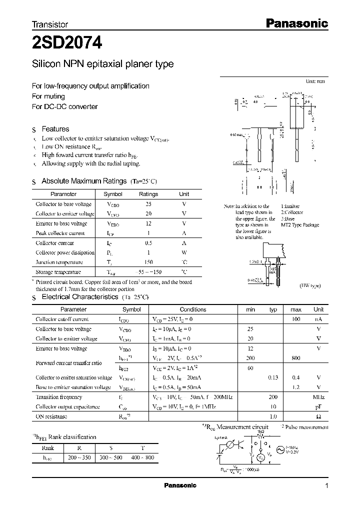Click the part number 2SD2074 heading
[x=67, y=43]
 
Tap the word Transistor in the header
[x=50, y=24]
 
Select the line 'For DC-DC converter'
[x=64, y=106]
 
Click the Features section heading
[x=55, y=129]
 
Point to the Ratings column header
[x=148, y=194]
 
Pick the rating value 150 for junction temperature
[x=148, y=262]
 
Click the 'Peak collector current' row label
[x=60, y=233]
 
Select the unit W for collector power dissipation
[x=184, y=252]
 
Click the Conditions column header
[x=192, y=309]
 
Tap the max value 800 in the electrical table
[x=295, y=358]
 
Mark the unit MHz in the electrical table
[x=318, y=397]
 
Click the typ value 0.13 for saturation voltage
[x=272, y=377]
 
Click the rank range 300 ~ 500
[x=111, y=457]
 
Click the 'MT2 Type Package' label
[x=300, y=225]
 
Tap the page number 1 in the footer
[x=326, y=485]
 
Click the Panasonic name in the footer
[x=180, y=485]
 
